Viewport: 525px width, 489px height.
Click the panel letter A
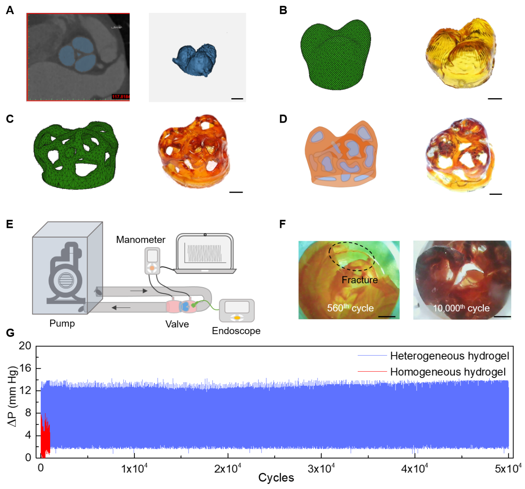point(10,10)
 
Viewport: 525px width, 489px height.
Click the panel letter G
point(10,332)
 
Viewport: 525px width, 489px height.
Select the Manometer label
point(140,240)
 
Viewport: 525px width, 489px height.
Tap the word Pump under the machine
point(62,323)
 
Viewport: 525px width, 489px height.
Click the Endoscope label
point(236,331)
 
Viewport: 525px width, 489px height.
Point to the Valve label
point(177,324)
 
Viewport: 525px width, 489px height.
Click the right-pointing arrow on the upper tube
point(139,291)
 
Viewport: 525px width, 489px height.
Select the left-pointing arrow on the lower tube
point(121,307)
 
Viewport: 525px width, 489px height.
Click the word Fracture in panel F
point(359,280)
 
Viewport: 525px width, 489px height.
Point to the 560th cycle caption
point(350,308)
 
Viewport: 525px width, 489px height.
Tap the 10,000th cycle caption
point(461,308)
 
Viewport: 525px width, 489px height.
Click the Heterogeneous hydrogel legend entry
point(449,356)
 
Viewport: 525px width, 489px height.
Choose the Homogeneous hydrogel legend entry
point(448,372)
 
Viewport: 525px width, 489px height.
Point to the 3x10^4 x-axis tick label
point(321,469)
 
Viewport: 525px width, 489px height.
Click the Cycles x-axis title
point(276,478)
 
